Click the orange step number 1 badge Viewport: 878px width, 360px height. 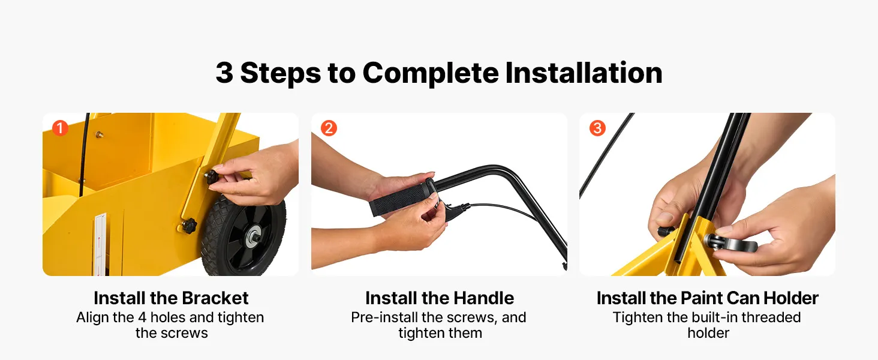pos(60,128)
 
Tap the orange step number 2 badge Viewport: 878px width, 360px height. pos(329,128)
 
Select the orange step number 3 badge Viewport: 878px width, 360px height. pos(597,128)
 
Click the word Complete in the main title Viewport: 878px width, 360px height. pos(431,73)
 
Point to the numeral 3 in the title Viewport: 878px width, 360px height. pos(224,73)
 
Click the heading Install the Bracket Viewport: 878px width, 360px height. pos(171,298)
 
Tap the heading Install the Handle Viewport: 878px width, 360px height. pos(440,298)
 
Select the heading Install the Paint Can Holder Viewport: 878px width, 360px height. pos(708,298)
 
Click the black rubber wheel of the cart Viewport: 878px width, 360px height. pos(243,236)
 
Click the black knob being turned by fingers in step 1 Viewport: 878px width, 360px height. pos(213,178)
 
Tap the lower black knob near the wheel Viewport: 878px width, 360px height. pos(189,226)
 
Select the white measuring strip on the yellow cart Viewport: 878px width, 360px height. pos(100,244)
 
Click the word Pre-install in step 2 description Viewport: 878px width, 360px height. pos(384,317)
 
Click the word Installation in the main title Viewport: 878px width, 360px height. pos(584,73)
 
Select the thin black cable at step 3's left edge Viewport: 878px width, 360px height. pos(606,155)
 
